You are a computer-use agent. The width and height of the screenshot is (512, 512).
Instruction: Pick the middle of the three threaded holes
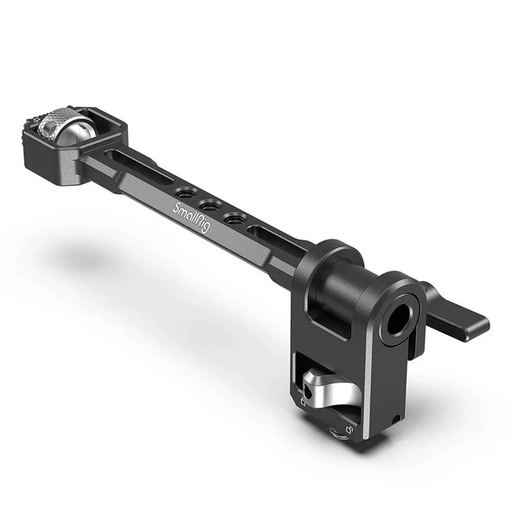click(x=208, y=204)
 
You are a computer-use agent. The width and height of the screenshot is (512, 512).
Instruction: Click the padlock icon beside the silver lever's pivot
click(x=304, y=401)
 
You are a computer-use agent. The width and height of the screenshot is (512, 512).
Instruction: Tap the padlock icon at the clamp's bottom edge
click(x=347, y=429)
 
